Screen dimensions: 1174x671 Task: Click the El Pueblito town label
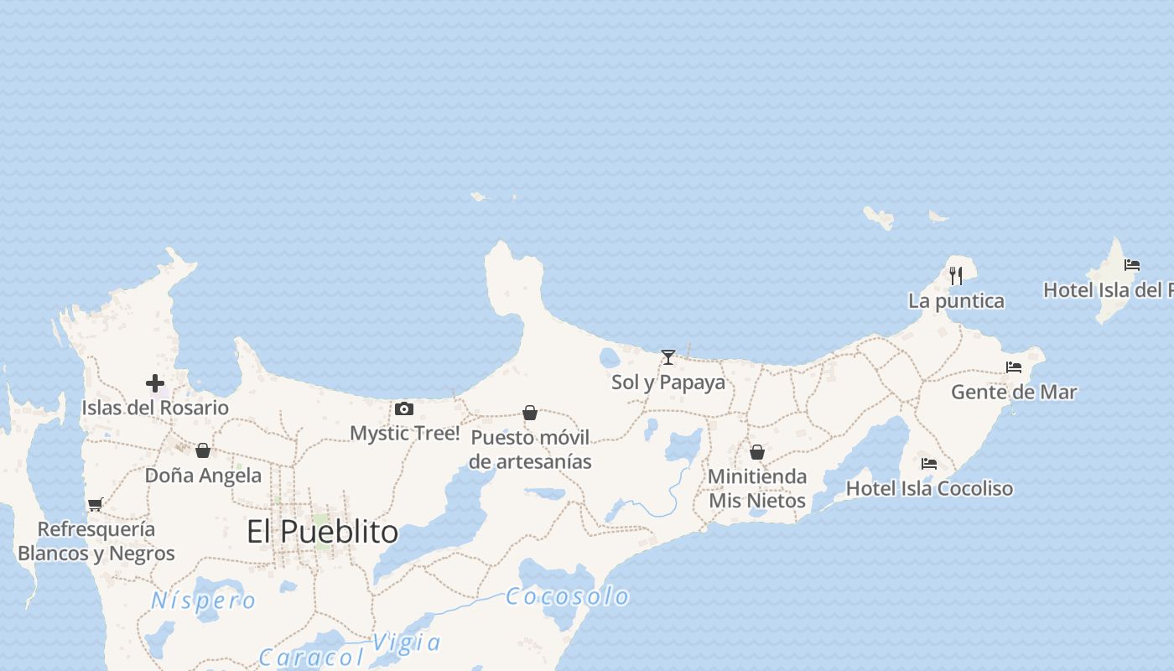pyautogui.click(x=322, y=532)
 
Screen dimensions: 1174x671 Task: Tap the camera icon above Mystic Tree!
pyautogui.click(x=404, y=409)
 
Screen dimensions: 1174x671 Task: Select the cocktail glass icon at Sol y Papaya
pyautogui.click(x=668, y=357)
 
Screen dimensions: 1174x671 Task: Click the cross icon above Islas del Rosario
pyautogui.click(x=155, y=383)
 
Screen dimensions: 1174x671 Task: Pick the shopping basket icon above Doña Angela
pyautogui.click(x=203, y=450)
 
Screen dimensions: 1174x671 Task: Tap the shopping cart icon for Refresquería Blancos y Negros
pyautogui.click(x=95, y=504)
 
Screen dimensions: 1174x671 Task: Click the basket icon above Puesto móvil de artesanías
pyautogui.click(x=530, y=413)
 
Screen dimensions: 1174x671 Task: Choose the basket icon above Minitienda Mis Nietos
pyautogui.click(x=757, y=452)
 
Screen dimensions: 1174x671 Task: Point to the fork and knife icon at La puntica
pyautogui.click(x=956, y=275)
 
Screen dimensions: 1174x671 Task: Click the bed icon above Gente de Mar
pyautogui.click(x=1014, y=367)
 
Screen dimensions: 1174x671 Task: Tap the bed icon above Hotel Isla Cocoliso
pyautogui.click(x=929, y=464)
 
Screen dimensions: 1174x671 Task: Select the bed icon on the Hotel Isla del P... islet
pyautogui.click(x=1132, y=265)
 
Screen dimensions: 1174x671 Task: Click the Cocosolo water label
pyautogui.click(x=568, y=596)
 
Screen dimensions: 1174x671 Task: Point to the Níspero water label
pyautogui.click(x=204, y=601)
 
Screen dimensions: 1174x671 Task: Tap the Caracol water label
pyautogui.click(x=311, y=658)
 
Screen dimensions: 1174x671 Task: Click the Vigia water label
pyautogui.click(x=407, y=642)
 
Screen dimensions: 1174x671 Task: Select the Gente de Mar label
pyautogui.click(x=1014, y=392)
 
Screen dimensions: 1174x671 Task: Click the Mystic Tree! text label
pyautogui.click(x=405, y=434)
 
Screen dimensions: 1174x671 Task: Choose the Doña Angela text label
pyautogui.click(x=203, y=476)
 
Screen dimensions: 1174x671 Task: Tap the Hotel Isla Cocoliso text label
pyautogui.click(x=929, y=488)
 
